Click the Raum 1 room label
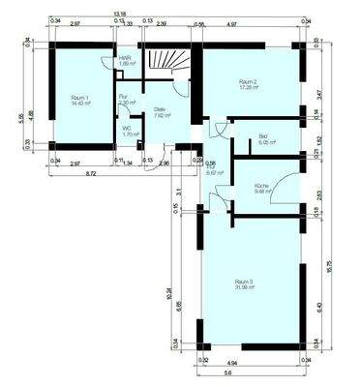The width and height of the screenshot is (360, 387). pyautogui.click(x=79, y=98)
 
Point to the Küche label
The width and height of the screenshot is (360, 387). pyautogui.click(x=261, y=185)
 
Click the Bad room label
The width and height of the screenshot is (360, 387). pyautogui.click(x=262, y=136)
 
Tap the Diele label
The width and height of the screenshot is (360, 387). pyautogui.click(x=160, y=109)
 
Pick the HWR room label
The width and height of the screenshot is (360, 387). pyautogui.click(x=125, y=57)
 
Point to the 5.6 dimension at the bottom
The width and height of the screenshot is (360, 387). pyautogui.click(x=254, y=372)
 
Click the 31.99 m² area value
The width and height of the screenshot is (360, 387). pyautogui.click(x=245, y=288)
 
